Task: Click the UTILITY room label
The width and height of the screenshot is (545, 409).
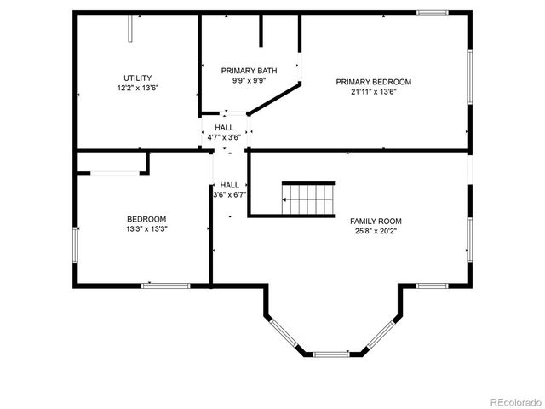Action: tap(138, 78)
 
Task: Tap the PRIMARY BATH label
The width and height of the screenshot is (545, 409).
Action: tap(250, 70)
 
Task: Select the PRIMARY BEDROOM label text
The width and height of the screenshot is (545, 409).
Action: tap(373, 82)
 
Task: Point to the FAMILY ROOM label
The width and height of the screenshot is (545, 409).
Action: tap(376, 221)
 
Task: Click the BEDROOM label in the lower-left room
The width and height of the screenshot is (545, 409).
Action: tap(146, 219)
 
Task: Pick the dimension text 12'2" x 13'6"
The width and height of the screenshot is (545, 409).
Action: tap(138, 88)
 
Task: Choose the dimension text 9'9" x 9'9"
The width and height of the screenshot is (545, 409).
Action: tap(250, 81)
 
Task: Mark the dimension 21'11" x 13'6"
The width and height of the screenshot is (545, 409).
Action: tap(373, 92)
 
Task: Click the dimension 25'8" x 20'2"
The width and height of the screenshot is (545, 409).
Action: tap(376, 231)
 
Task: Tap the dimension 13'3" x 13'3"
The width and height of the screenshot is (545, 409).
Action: tap(146, 229)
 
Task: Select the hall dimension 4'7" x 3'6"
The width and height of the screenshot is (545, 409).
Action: tap(224, 136)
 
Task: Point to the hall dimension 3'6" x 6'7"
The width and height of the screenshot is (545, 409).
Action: tap(230, 194)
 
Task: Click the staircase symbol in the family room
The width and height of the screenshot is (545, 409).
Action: tap(308, 199)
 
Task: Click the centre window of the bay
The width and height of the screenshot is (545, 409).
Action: tap(331, 353)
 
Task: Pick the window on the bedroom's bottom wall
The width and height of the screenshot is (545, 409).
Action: tap(165, 285)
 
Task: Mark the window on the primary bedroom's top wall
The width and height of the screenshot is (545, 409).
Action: tap(432, 13)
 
